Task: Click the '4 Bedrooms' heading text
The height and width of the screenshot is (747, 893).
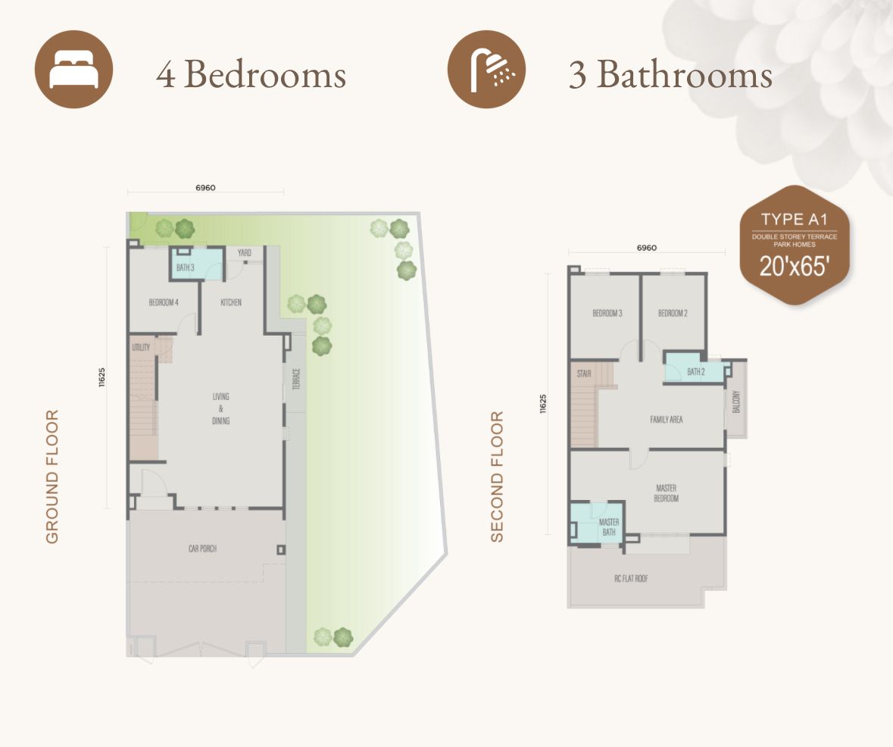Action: tap(251, 74)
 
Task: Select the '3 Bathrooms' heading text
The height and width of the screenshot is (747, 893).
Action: tap(670, 74)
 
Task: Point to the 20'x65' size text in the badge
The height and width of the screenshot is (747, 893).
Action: tap(794, 267)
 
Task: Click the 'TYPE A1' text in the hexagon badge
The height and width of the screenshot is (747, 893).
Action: tap(794, 220)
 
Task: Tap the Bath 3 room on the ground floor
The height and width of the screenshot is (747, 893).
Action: tap(186, 267)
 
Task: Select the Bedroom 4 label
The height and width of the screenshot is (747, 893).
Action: tap(164, 302)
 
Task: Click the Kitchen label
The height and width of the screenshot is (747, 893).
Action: tap(231, 302)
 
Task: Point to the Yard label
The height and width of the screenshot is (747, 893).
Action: tap(245, 253)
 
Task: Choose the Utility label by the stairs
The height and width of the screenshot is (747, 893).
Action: tap(141, 348)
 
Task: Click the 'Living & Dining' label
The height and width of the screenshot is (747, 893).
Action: tap(221, 408)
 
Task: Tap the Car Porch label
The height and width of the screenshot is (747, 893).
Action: tap(202, 548)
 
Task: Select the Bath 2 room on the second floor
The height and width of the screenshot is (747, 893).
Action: tap(695, 372)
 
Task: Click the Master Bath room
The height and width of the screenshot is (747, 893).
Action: tap(608, 527)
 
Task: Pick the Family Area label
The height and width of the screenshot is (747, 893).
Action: tap(667, 419)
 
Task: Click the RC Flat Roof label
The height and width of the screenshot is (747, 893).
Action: tap(631, 579)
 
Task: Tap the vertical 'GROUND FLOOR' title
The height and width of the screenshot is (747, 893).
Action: tap(52, 477)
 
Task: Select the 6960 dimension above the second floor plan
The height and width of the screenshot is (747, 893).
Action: tap(646, 248)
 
